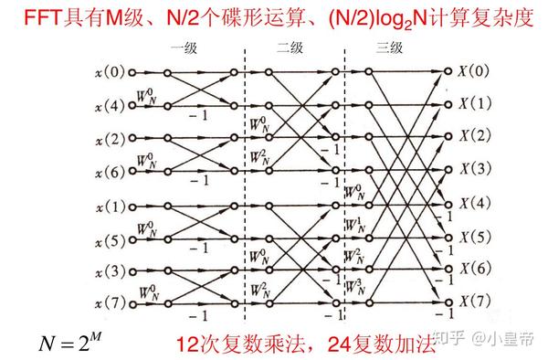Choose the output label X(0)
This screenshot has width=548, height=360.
click(x=474, y=70)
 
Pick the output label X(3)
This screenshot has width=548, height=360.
click(x=474, y=168)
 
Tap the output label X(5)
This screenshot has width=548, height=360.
click(x=474, y=235)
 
